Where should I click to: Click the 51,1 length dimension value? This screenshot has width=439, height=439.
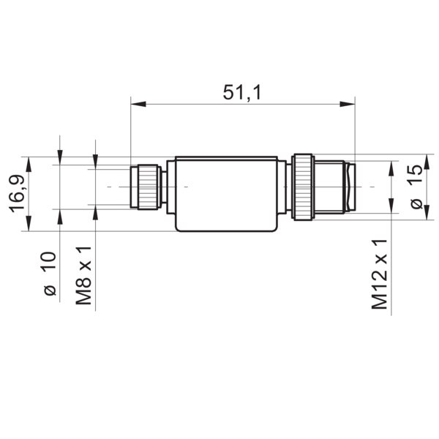pos(241,93)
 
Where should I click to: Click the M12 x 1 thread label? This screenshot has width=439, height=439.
pos(379,274)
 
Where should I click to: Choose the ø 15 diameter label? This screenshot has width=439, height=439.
pos(414,187)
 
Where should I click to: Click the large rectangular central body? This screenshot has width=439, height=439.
pos(225,194)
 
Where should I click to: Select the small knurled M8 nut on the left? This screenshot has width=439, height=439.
pos(145,187)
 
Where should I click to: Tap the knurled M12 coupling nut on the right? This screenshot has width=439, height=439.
pos(303,187)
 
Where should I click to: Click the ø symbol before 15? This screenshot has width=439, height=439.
pos(415,204)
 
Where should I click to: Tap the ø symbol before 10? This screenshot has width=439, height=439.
pos(50,290)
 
